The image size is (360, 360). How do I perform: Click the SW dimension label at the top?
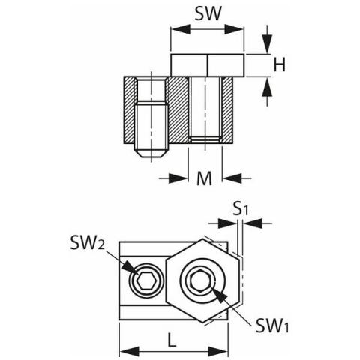[208, 13]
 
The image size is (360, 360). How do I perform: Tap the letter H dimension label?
[279, 64]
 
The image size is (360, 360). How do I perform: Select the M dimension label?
[204, 178]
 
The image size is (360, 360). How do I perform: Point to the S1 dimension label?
[240, 210]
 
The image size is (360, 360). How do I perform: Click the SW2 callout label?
[87, 243]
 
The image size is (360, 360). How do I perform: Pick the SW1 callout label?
[272, 325]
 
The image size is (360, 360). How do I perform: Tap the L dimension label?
[172, 340]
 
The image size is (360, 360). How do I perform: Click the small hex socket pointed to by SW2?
[145, 280]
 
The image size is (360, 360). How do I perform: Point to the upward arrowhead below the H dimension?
[267, 87]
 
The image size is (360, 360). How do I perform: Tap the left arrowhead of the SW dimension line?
[181, 29]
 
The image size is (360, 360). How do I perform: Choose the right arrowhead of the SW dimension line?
[234, 29]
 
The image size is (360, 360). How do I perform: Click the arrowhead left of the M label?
[178, 178]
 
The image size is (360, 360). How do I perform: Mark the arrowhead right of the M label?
[232, 178]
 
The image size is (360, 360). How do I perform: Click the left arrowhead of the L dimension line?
[130, 352]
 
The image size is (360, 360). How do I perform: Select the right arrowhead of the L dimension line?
[218, 352]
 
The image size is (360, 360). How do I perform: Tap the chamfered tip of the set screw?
[151, 154]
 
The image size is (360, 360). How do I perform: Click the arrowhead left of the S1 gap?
[227, 223]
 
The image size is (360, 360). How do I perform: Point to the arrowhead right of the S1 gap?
[253, 223]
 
